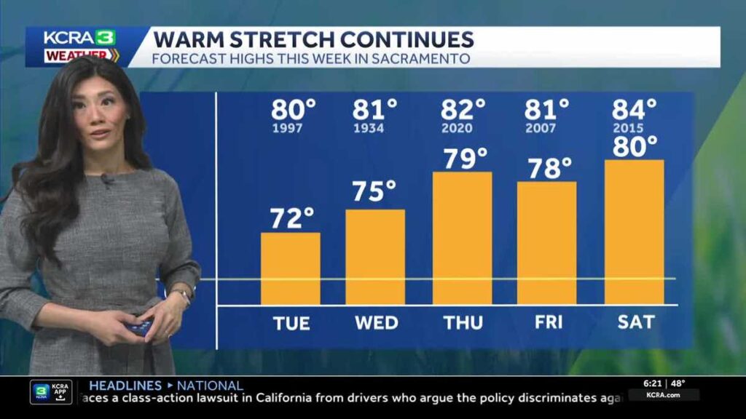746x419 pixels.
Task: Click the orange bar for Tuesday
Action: pyautogui.click(x=290, y=268)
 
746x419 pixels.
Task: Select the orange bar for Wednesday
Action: pyautogui.click(x=375, y=257)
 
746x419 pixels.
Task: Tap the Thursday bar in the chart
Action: pyautogui.click(x=463, y=238)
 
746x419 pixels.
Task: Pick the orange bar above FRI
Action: pyautogui.click(x=546, y=243)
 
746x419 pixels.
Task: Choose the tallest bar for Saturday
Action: pyautogui.click(x=634, y=232)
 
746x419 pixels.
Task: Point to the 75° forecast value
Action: pyautogui.click(x=374, y=192)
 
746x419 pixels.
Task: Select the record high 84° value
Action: pyautogui.click(x=634, y=110)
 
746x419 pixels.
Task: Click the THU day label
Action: pyautogui.click(x=463, y=322)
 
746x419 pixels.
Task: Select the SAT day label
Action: pyautogui.click(x=634, y=322)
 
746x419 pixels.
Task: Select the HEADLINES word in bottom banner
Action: pyautogui.click(x=125, y=386)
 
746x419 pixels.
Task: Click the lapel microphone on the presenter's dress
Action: pyautogui.click(x=106, y=179)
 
